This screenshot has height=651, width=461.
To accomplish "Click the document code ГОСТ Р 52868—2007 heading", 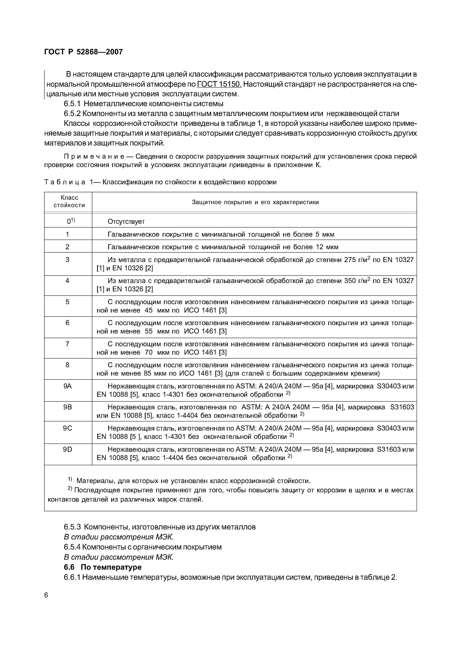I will tap(84, 52).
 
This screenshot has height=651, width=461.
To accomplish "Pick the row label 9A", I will tap(68, 386).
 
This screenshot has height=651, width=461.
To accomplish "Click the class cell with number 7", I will tap(68, 344).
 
